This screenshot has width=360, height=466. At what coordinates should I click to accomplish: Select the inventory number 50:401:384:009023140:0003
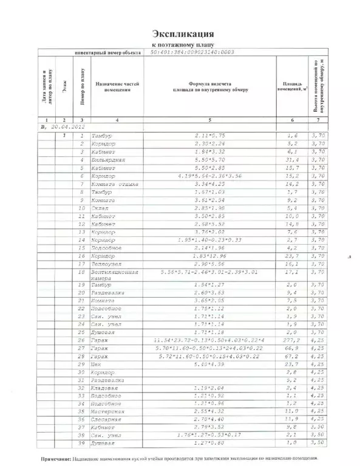click(x=191, y=53)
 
